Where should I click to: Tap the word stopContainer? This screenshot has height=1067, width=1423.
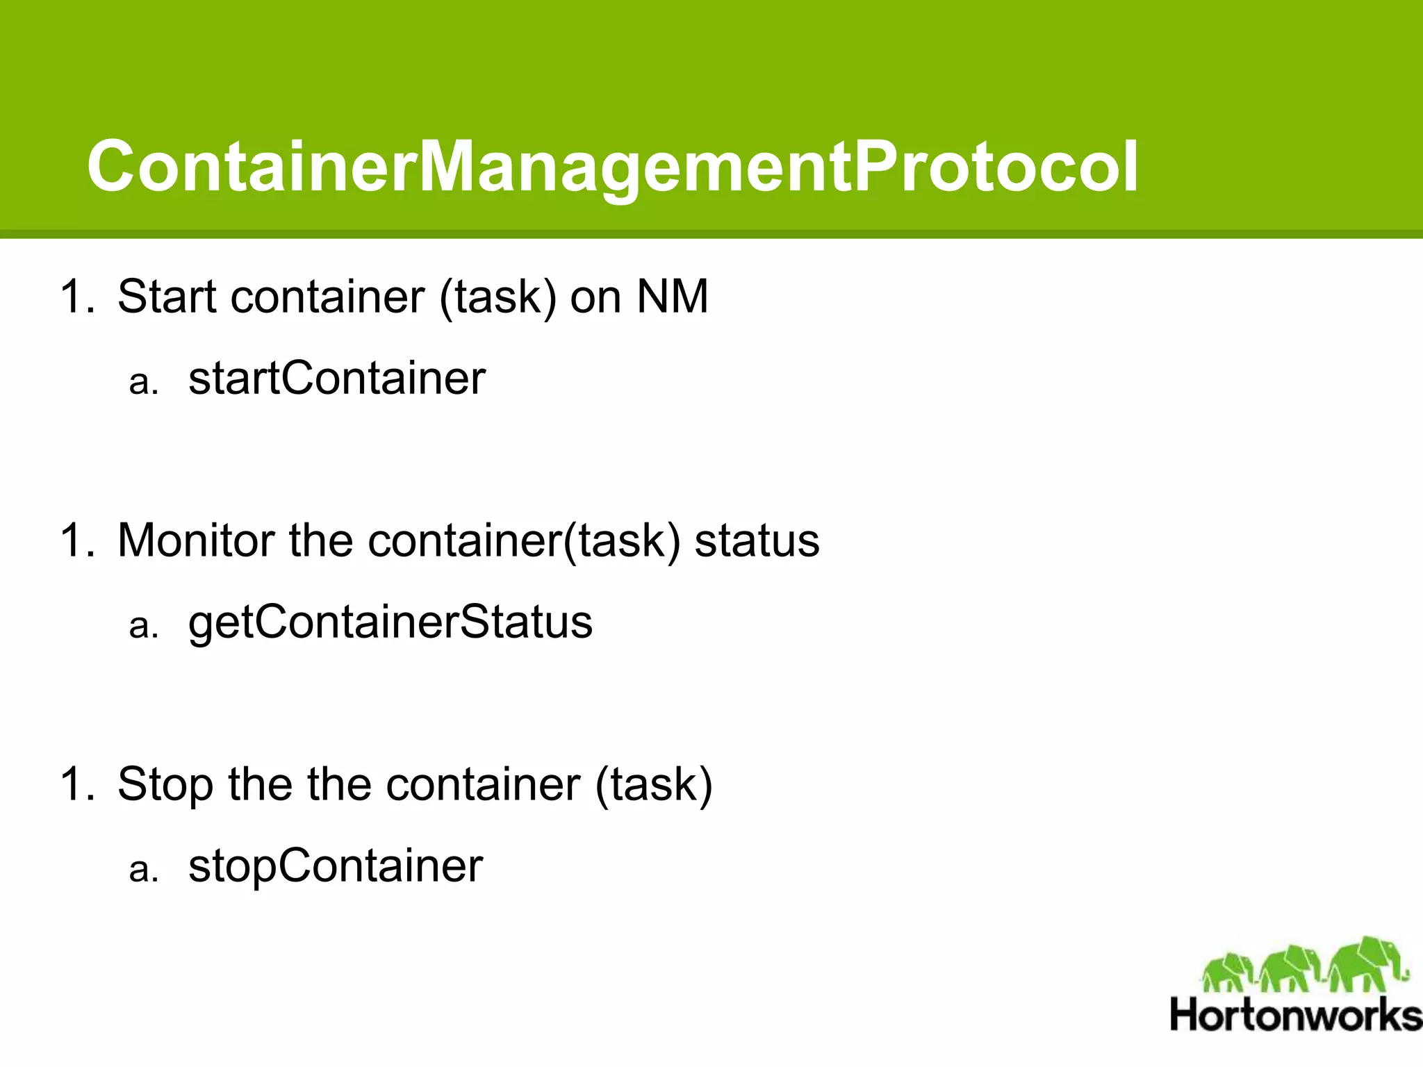tap(336, 866)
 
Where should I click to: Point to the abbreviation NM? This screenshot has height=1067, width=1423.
tap(672, 297)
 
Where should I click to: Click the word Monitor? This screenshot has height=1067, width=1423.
tap(196, 540)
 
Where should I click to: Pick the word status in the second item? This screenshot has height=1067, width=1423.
tap(757, 540)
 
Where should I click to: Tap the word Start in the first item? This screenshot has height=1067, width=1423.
tap(167, 297)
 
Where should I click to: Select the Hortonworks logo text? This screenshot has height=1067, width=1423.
tap(1296, 1015)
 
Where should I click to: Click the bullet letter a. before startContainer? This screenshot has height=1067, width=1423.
tap(144, 382)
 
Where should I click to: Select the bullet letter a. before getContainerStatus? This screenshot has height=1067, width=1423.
tap(144, 625)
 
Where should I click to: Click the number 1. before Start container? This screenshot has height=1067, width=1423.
tap(77, 297)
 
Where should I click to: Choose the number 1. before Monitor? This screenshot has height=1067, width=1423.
tap(77, 540)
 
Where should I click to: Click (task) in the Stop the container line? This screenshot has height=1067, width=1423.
tap(654, 785)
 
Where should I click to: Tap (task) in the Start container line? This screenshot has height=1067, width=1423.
tap(497, 297)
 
